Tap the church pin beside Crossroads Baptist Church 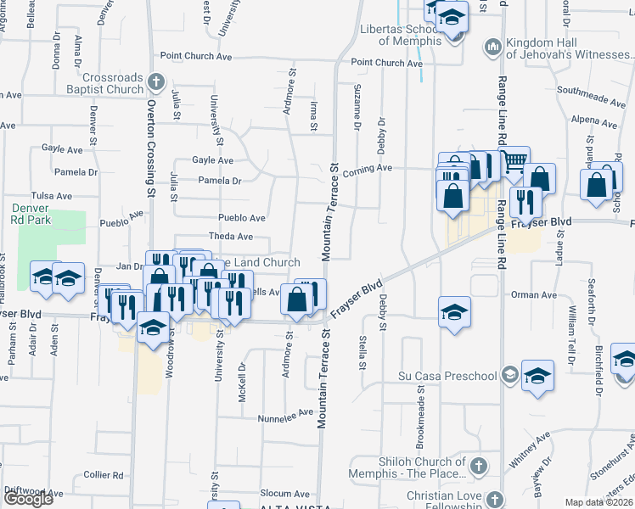155,82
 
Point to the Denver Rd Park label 31,214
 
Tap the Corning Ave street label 368,168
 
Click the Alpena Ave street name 594,120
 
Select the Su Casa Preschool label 448,376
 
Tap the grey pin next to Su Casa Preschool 509,374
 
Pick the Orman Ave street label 533,295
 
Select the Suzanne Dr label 357,125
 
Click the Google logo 28,499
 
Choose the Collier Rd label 104,475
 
